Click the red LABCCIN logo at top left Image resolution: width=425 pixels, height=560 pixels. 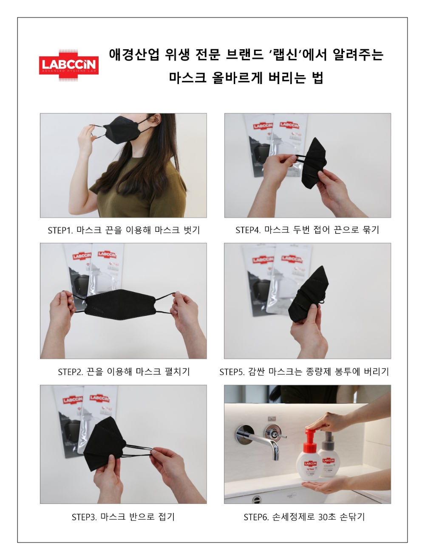[69, 65]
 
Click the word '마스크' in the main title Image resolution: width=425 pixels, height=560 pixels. [187, 78]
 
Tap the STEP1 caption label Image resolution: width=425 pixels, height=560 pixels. [124, 230]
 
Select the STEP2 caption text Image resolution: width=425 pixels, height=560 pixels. [124, 372]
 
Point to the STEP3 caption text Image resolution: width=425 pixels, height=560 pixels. [123, 517]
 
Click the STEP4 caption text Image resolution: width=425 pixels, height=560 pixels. [307, 230]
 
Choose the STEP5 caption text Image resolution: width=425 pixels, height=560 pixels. [304, 372]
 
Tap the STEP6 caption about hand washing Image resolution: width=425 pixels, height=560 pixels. [304, 517]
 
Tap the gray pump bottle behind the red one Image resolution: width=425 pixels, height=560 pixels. [329, 456]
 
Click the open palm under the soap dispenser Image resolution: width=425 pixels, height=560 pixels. [325, 484]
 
